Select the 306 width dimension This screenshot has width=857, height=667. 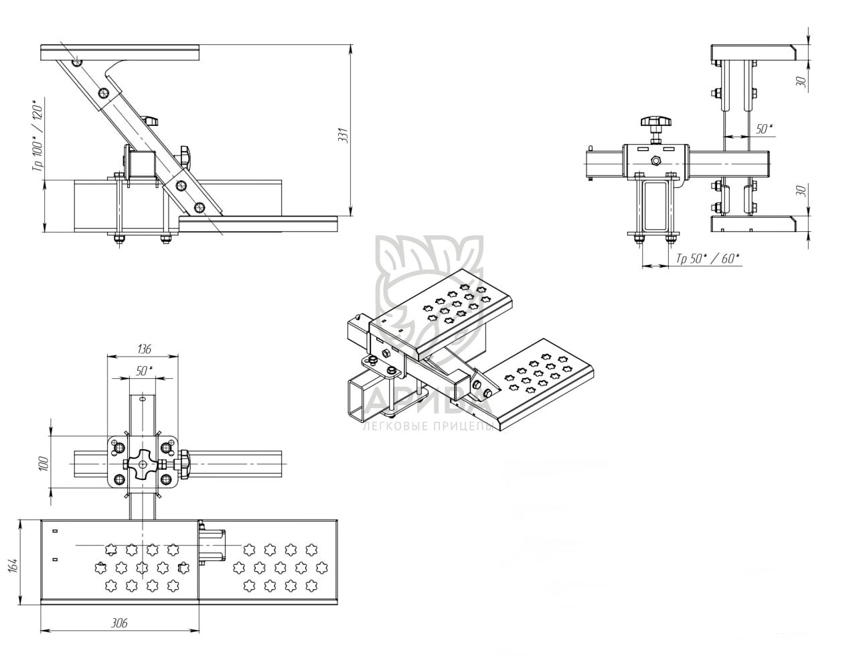[x=119, y=623]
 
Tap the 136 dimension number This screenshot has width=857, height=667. [x=143, y=349]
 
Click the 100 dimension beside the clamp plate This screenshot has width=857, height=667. [x=42, y=464]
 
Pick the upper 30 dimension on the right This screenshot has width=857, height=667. [x=801, y=81]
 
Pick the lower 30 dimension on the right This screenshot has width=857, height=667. [x=801, y=191]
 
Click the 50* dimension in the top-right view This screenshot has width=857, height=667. [x=763, y=129]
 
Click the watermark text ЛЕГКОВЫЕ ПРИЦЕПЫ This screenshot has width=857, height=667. [x=427, y=427]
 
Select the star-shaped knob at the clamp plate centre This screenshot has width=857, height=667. [x=143, y=463]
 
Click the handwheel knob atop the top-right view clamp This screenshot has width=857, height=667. [x=654, y=122]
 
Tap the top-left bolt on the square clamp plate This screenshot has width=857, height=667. [x=119, y=446]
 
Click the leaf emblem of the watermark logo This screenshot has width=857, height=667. [x=428, y=282]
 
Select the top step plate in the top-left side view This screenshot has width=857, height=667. [x=121, y=52]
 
